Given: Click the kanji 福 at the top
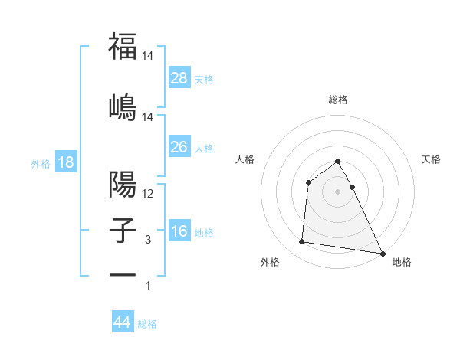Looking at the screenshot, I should click(x=123, y=47).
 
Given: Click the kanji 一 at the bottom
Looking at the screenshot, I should click(x=123, y=274).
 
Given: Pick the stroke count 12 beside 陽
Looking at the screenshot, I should click(x=149, y=195).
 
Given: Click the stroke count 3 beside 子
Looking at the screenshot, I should click(x=148, y=240).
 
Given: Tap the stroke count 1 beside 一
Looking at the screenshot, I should click(x=148, y=286).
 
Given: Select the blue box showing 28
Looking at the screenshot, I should click(x=179, y=77).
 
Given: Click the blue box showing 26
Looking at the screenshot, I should click(x=179, y=146).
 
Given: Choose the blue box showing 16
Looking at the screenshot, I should click(x=179, y=231).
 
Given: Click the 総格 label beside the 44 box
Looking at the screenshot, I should click(x=147, y=324).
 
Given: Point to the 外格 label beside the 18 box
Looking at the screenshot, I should click(x=41, y=164).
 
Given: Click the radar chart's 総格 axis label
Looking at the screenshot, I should click(x=338, y=100).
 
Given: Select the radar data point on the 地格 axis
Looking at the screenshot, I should click(x=383, y=254).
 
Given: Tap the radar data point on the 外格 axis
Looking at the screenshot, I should click(x=302, y=242).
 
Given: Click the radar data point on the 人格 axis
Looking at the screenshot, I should click(x=308, y=182).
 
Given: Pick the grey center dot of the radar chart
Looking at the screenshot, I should click(x=338, y=191).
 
